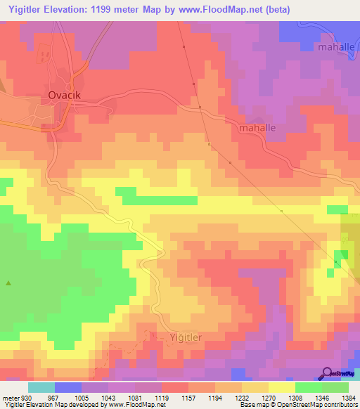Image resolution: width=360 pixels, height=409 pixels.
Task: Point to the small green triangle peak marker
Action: pyautogui.click(x=8, y=283)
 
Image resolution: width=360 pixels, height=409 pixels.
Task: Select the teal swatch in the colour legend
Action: pyautogui.click(x=41, y=387)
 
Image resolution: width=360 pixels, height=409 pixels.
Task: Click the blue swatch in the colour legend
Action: pyautogui.click(x=68, y=387)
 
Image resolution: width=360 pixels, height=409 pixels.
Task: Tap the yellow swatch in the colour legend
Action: pyautogui.click(x=281, y=387)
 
